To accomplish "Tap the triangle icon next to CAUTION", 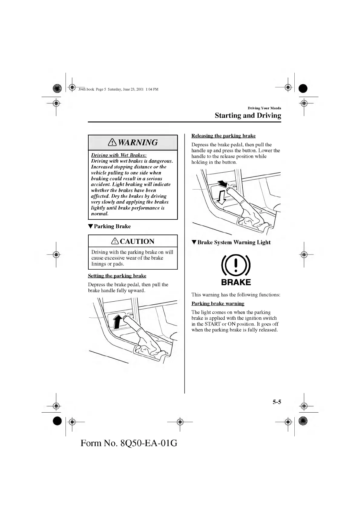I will click(115, 241).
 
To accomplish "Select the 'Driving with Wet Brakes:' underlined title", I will click(119, 155).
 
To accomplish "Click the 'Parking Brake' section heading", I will click(112, 226).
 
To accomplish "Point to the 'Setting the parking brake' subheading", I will click(117, 276).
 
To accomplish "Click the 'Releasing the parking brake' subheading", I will click(223, 136).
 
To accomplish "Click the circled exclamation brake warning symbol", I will click(236, 265).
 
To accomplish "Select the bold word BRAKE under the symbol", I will click(236, 282).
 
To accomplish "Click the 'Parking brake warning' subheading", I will click(218, 303).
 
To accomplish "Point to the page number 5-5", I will click(277, 402).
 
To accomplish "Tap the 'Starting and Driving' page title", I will click(248, 115).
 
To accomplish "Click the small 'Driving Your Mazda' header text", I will click(264, 108).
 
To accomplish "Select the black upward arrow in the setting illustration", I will click(118, 321).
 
